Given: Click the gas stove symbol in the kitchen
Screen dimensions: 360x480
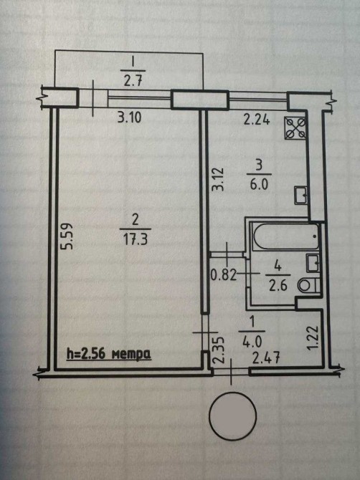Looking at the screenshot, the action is coord(295,128).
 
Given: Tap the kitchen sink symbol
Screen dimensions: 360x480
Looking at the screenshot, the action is coord(300,195).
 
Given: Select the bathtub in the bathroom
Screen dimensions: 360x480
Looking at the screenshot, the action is coord(285,236).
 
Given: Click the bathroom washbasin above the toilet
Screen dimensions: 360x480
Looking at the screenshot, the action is coord(313,263).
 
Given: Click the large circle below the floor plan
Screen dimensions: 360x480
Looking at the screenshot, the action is coord(232,415).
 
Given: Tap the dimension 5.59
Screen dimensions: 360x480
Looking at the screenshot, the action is coord(67,236).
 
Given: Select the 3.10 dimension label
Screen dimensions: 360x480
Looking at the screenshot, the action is coord(130,117).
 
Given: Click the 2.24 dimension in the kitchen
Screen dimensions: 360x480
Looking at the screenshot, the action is coord(257,120).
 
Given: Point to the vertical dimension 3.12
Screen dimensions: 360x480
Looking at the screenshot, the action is coord(219,179).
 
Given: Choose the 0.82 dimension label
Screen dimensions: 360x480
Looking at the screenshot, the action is coord(224,275).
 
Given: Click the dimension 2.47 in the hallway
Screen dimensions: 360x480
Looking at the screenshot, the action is coord(265,358).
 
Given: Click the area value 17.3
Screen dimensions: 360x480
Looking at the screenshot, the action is coord(135,239).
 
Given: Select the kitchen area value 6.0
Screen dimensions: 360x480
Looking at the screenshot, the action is coord(259,185).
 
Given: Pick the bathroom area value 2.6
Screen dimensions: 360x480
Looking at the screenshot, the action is coord(278,286).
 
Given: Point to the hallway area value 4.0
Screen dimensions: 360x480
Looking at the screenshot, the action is coord(252,341).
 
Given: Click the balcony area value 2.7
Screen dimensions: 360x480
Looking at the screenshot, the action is coord(133,81).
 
